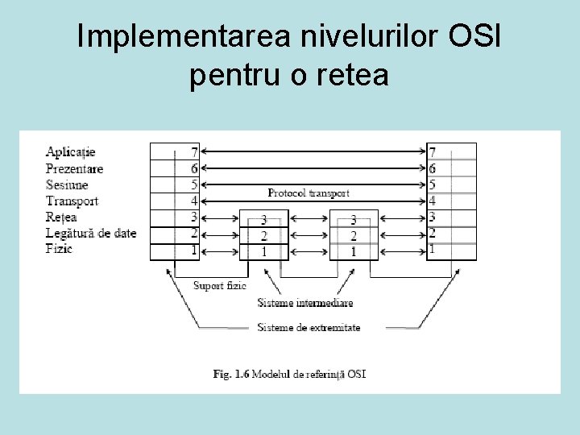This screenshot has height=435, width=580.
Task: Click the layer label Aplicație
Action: tap(71, 151)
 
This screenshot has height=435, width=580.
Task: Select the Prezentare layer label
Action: tap(75, 168)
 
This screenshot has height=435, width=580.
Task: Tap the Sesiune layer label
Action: tap(67, 184)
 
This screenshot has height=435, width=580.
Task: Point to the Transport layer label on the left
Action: tap(72, 201)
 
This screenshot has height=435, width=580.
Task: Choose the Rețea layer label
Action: tap(61, 217)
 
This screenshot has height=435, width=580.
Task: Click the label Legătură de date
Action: tap(91, 233)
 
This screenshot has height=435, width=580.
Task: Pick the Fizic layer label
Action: tap(59, 249)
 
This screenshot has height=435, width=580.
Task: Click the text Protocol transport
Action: tap(309, 193)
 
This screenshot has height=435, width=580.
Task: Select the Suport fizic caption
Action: tap(220, 285)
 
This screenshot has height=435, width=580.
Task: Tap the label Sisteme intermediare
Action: tap(305, 303)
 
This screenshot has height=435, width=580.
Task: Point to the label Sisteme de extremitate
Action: tap(309, 327)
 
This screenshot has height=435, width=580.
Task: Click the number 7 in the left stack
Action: tap(194, 151)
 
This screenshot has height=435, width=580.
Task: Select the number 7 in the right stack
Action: tap(433, 151)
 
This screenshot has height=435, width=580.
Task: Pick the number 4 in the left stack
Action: tap(194, 201)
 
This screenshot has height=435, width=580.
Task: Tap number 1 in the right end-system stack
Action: tap(433, 250)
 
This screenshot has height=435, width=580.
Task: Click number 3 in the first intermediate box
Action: tap(263, 220)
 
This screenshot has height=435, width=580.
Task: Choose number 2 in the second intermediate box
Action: tap(353, 236)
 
